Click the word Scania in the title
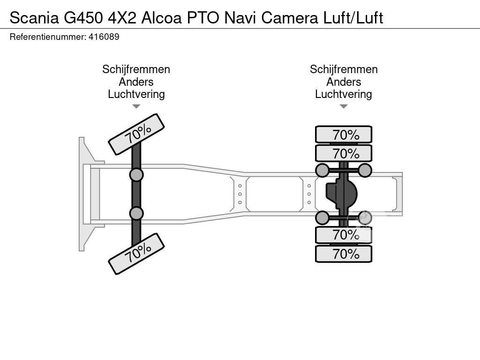[34, 18]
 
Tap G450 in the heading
[83, 18]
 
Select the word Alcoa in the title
[162, 18]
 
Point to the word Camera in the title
[290, 18]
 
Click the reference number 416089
[104, 37]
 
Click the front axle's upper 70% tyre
[136, 135]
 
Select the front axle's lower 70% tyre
[136, 254]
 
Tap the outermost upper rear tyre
[344, 135]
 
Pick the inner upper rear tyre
[344, 153]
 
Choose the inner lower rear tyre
[344, 235]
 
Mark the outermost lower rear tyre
[344, 254]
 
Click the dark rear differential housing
[341, 194]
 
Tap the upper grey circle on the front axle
[136, 175]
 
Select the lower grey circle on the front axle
[136, 213]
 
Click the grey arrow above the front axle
[136, 106]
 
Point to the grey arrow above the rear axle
[344, 106]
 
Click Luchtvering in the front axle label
[136, 94]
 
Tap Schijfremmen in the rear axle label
[344, 69]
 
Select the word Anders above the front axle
[136, 82]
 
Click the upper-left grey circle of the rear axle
[322, 170]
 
